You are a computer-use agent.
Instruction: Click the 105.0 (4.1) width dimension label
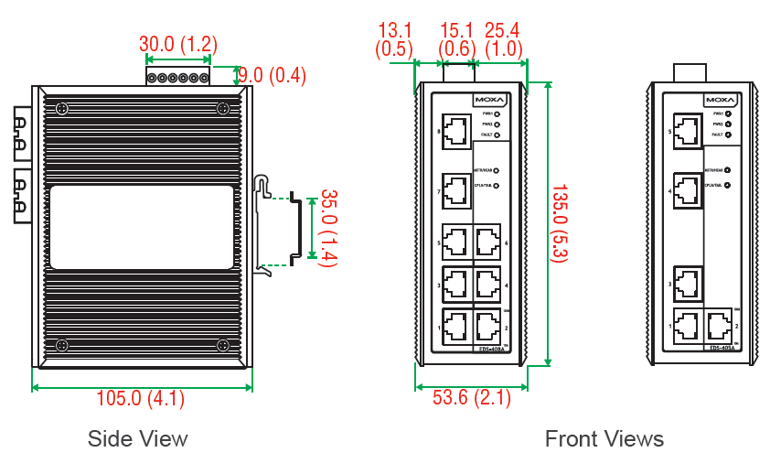tap(141, 398)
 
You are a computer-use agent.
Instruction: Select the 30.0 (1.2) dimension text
tap(177, 44)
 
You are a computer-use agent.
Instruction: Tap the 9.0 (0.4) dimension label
tap(272, 75)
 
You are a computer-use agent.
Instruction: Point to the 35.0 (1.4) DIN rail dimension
tap(327, 229)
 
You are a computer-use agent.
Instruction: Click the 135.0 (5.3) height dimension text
tap(559, 223)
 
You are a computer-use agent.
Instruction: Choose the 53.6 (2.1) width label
tap(471, 398)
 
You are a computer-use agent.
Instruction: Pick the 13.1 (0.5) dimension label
tap(396, 38)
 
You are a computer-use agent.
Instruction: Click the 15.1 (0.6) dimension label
tap(457, 38)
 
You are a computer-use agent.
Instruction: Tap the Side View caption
tap(137, 438)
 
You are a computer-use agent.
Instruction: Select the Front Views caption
tap(604, 439)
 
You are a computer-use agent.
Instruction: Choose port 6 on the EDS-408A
tap(488, 242)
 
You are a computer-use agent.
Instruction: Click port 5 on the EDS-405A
tap(688, 130)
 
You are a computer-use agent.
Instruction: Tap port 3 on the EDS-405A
tap(688, 283)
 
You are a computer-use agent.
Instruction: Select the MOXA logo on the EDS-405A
tap(720, 100)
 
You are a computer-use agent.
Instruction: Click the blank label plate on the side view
tap(141, 228)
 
